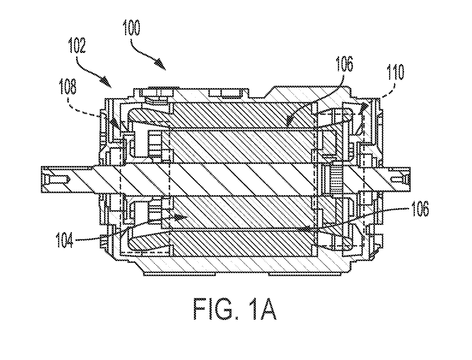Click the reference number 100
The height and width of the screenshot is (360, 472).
(x=131, y=28)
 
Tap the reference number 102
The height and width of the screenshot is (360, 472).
(x=77, y=45)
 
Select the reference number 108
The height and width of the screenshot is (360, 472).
(x=68, y=87)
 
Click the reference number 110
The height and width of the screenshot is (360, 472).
(x=395, y=72)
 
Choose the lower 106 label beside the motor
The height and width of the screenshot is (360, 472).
(x=420, y=209)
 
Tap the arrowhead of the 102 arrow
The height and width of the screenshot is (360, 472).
(x=107, y=83)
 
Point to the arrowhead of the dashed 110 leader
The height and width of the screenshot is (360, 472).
(x=364, y=107)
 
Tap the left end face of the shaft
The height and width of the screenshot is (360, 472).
(x=41, y=179)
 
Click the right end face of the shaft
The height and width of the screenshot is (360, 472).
(x=409, y=179)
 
